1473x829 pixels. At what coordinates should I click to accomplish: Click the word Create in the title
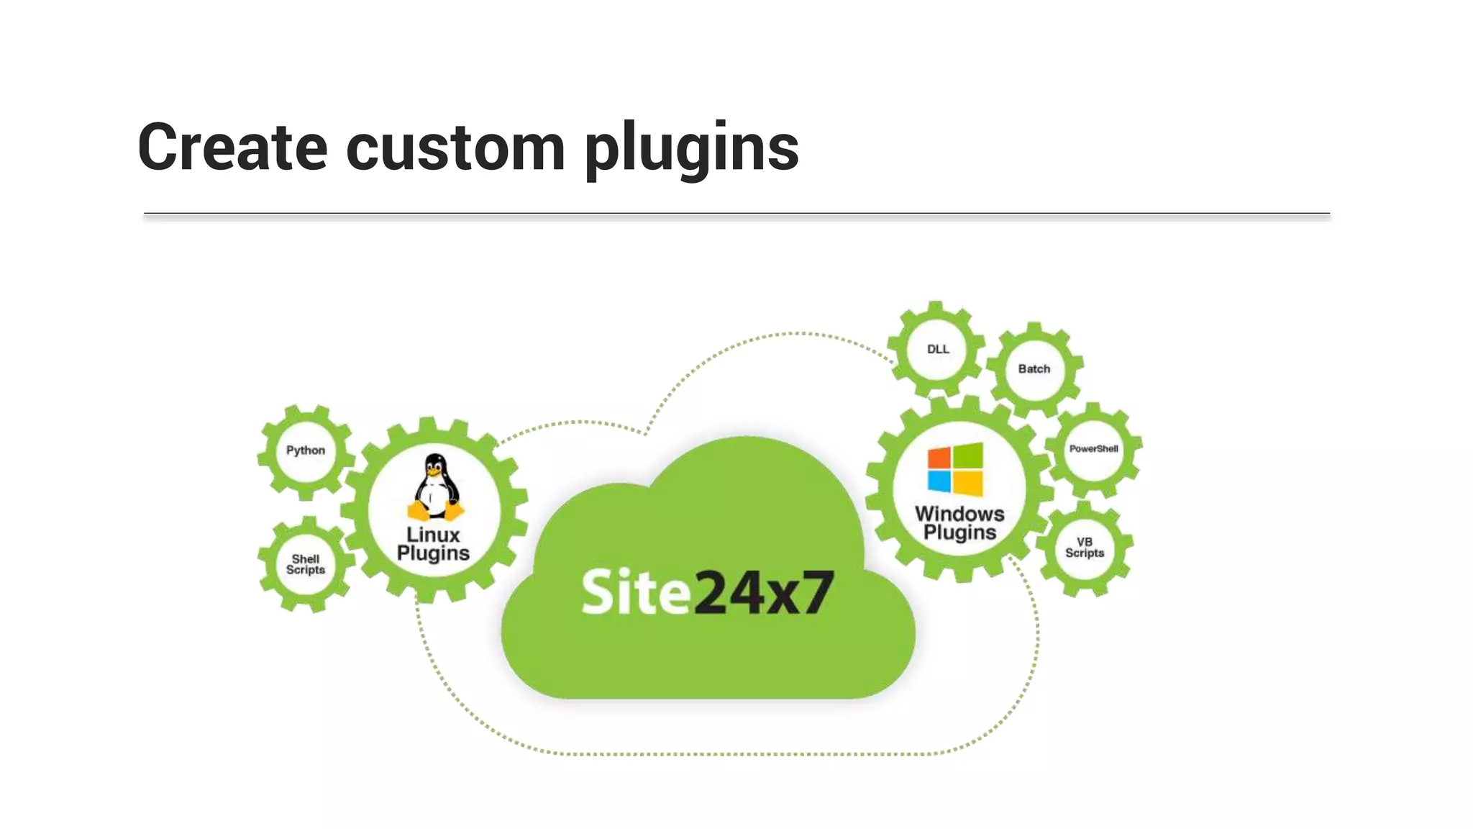pyautogui.click(x=232, y=148)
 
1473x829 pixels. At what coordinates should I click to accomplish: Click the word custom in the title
pyautogui.click(x=455, y=148)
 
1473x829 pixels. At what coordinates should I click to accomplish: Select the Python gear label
pyautogui.click(x=306, y=450)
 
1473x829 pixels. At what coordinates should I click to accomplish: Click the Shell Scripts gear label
pyautogui.click(x=306, y=564)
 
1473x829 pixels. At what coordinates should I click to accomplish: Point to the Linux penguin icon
pyautogui.click(x=435, y=486)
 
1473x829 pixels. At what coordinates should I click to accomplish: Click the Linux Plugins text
pyautogui.click(x=433, y=544)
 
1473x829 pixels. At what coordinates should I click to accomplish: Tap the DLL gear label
pyautogui.click(x=938, y=349)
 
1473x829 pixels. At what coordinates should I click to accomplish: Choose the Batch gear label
pyautogui.click(x=1034, y=368)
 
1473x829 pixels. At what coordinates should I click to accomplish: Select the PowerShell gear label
pyautogui.click(x=1093, y=449)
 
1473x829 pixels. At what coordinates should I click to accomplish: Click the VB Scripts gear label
pyautogui.click(x=1085, y=548)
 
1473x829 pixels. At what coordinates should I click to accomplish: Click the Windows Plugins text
pyautogui.click(x=959, y=523)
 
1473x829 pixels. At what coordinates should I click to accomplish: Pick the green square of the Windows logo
pyautogui.click(x=969, y=455)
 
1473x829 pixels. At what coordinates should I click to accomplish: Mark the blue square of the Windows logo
pyautogui.click(x=939, y=481)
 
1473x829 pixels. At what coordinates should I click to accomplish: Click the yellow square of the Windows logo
pyautogui.click(x=969, y=483)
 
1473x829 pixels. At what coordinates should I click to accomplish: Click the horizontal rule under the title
pyautogui.click(x=736, y=214)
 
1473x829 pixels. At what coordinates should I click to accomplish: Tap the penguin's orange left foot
pyautogui.click(x=418, y=512)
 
